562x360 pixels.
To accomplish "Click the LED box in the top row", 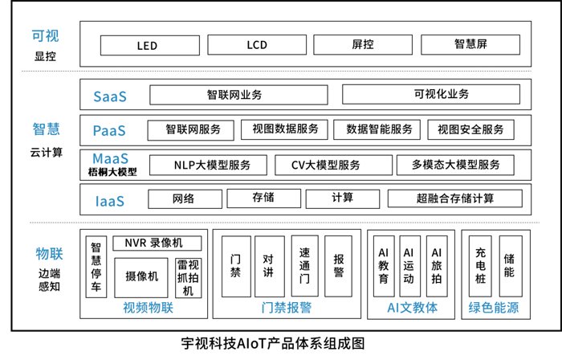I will (147, 45).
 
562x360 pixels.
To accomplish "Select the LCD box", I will (256, 45).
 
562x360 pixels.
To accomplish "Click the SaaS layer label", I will (110, 96).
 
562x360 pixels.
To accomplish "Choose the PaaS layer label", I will (109, 129).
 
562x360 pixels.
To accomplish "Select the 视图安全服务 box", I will (471, 129).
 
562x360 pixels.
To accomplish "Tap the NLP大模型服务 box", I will (212, 165).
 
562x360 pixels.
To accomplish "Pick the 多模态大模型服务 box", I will (455, 165).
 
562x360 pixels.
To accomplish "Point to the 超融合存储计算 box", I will (455, 198).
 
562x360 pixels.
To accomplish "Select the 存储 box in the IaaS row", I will (263, 198).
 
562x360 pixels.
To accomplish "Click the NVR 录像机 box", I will (153, 243).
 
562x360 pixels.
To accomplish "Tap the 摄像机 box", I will (142, 276).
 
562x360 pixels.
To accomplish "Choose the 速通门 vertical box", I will (303, 266).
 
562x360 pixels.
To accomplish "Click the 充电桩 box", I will (481, 266).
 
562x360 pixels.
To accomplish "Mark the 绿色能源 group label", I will (491, 308).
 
